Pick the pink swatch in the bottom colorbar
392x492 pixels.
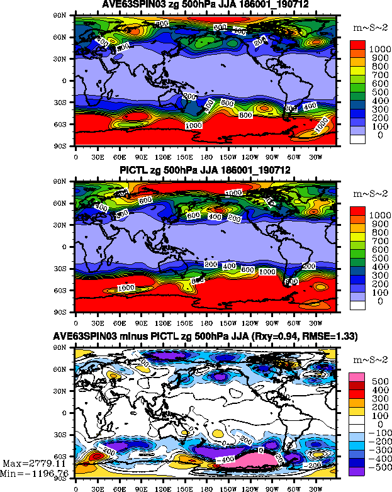(x=357, y=376)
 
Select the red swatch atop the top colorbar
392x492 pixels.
(x=357, y=44)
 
